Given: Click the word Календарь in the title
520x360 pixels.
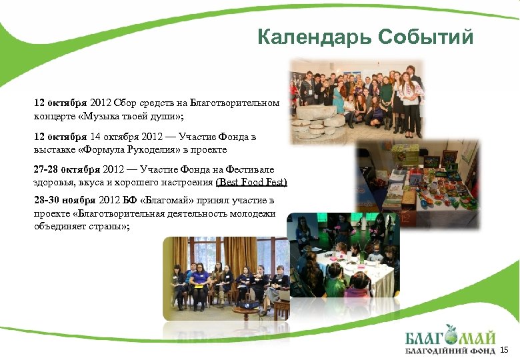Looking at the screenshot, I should click(313, 37).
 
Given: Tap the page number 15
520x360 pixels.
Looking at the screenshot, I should click(504, 349).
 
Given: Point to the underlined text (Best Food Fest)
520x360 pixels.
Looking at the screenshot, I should click(251, 182).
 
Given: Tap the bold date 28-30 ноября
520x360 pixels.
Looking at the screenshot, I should click(64, 201).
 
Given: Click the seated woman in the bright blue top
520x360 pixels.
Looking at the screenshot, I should click(199, 280).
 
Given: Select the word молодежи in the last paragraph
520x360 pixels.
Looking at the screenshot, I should click(257, 214).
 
